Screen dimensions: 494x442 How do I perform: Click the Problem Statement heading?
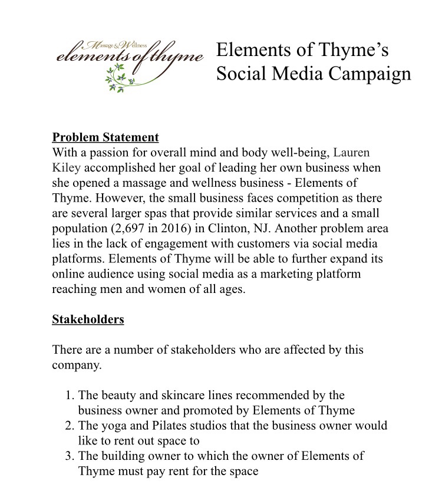coord(105,137)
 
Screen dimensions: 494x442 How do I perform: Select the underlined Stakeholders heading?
coord(88,320)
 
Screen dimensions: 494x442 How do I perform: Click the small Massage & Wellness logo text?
coord(111,45)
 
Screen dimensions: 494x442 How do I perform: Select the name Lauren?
coord(352,153)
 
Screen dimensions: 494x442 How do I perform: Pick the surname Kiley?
coord(66,167)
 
